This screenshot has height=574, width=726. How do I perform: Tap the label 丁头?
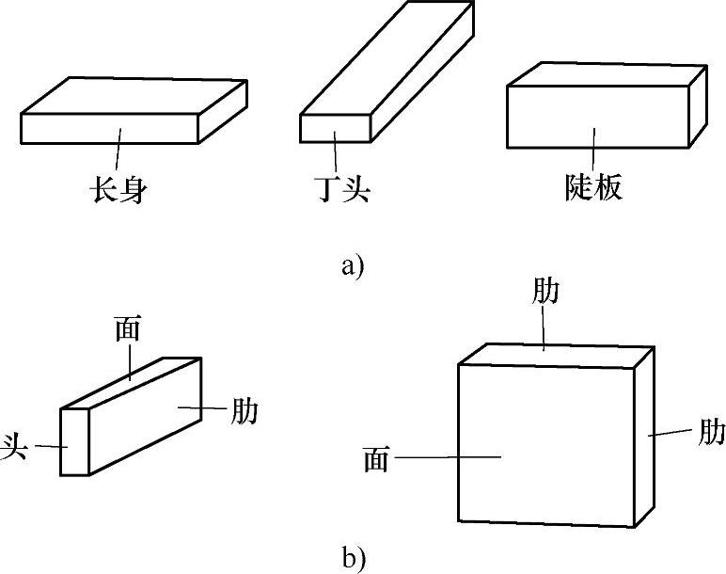(x=341, y=189)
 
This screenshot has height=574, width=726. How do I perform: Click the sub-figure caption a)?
(x=352, y=265)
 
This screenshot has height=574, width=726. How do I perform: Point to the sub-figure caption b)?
(x=353, y=557)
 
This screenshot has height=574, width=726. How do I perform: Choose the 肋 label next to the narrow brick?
(x=244, y=410)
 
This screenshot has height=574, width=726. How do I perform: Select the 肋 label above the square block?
(x=545, y=291)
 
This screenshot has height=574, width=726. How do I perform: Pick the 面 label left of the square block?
(x=375, y=459)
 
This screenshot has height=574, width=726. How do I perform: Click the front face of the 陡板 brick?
(x=597, y=117)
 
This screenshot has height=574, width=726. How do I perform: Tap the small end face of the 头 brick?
(x=74, y=443)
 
